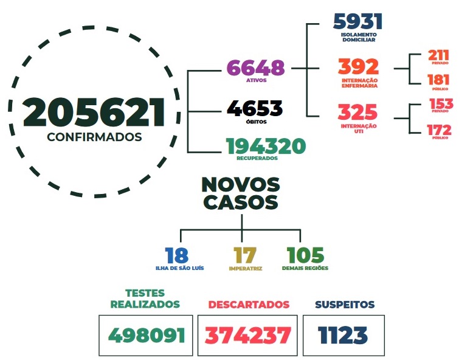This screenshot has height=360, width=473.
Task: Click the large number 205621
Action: click(94, 112)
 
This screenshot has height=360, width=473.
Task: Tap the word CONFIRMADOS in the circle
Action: click(94, 137)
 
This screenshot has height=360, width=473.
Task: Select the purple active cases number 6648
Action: click(256, 67)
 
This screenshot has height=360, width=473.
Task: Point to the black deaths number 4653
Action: click(255, 109)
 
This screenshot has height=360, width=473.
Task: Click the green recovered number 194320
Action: click(266, 146)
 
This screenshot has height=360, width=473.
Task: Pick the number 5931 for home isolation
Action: click(358, 21)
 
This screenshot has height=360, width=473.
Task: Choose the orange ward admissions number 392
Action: click(359, 66)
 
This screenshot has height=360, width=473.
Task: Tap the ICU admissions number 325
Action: click(357, 112)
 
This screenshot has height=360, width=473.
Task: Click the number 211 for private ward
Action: click(438, 56)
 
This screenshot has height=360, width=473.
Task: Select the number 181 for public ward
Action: click(438, 80)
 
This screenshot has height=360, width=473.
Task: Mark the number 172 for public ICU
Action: click(439, 130)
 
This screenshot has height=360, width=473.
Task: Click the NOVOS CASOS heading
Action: click(241, 193)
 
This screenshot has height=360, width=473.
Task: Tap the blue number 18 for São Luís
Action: click(176, 255)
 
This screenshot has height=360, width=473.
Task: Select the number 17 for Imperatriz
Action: click(245, 255)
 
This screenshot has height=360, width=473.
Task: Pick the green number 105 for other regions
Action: click(305, 255)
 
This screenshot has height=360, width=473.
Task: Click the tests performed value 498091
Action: click(146, 335)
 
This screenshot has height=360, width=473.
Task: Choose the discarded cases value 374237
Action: click(247, 335)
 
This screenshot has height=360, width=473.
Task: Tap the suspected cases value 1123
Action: click(343, 335)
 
